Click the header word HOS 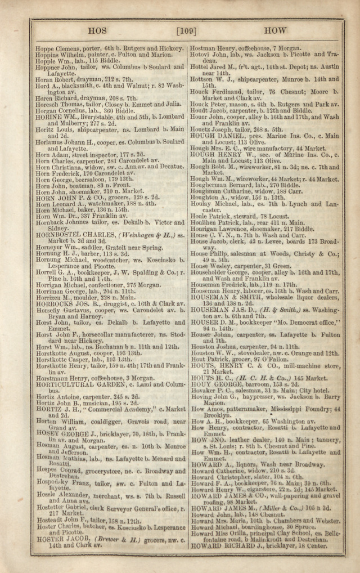[x=98, y=30]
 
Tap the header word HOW [x=274, y=30]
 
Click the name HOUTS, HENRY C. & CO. [x=233, y=365]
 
